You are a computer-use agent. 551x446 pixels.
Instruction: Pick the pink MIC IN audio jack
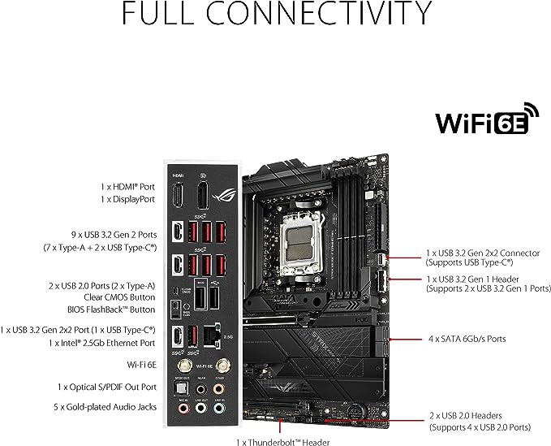(x=178, y=410)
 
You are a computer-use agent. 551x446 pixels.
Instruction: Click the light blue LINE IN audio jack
(x=219, y=410)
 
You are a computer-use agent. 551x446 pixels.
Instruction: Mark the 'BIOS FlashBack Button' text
(x=112, y=310)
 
